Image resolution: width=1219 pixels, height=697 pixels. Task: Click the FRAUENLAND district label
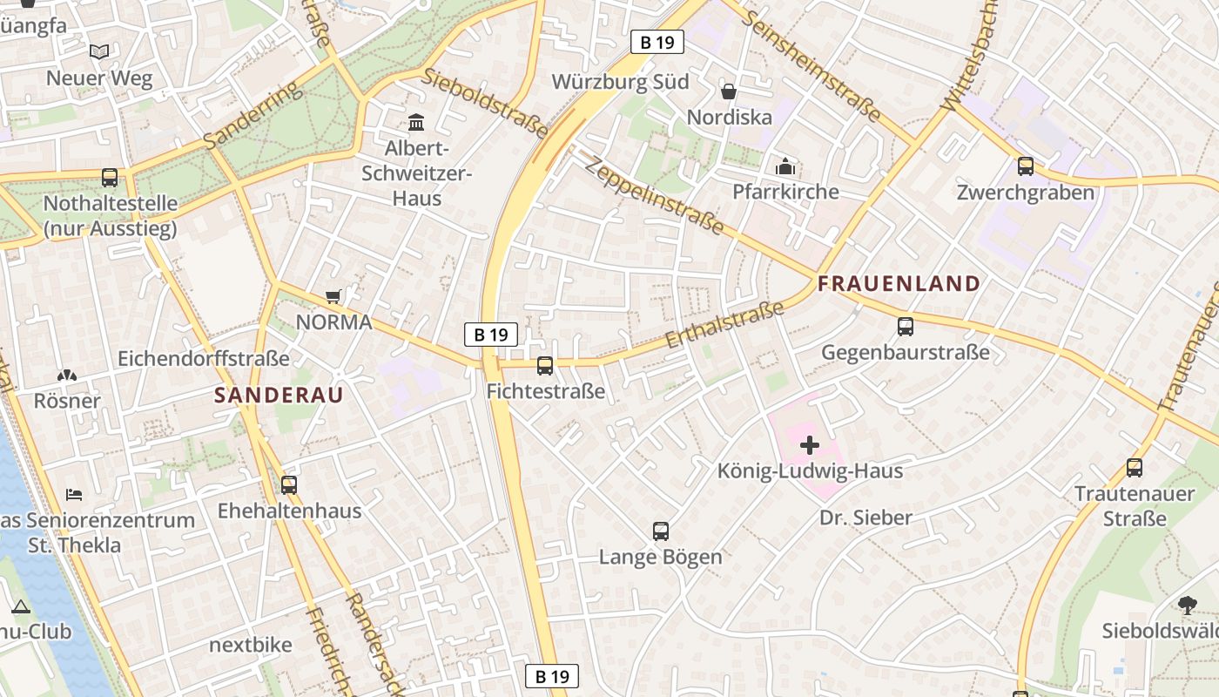[899, 283]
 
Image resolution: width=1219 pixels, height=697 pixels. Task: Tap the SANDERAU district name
[279, 395]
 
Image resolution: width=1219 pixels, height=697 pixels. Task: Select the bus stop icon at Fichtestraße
[545, 366]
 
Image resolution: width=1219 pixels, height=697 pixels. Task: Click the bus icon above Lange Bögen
[661, 531]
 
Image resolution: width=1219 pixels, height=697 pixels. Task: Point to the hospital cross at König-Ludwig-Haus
[810, 445]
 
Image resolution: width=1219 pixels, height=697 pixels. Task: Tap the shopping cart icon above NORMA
[333, 297]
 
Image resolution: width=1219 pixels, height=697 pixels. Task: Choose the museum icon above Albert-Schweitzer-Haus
[416, 122]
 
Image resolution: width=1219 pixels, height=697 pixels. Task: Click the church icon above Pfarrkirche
[785, 166]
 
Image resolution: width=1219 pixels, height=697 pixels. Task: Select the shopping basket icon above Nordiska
[729, 91]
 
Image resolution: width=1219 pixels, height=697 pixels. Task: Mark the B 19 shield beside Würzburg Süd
[657, 42]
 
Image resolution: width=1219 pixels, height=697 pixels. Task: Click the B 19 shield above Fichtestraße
[490, 335]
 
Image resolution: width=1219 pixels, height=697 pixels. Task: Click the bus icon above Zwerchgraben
[1026, 166]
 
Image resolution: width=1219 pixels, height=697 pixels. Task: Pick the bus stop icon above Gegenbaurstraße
[906, 327]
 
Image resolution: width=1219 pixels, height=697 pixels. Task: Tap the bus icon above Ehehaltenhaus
[289, 484]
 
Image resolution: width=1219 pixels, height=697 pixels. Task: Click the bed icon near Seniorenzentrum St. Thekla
[75, 495]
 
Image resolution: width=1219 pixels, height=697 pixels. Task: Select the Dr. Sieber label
[865, 518]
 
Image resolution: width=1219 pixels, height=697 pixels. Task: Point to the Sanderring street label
[252, 115]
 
